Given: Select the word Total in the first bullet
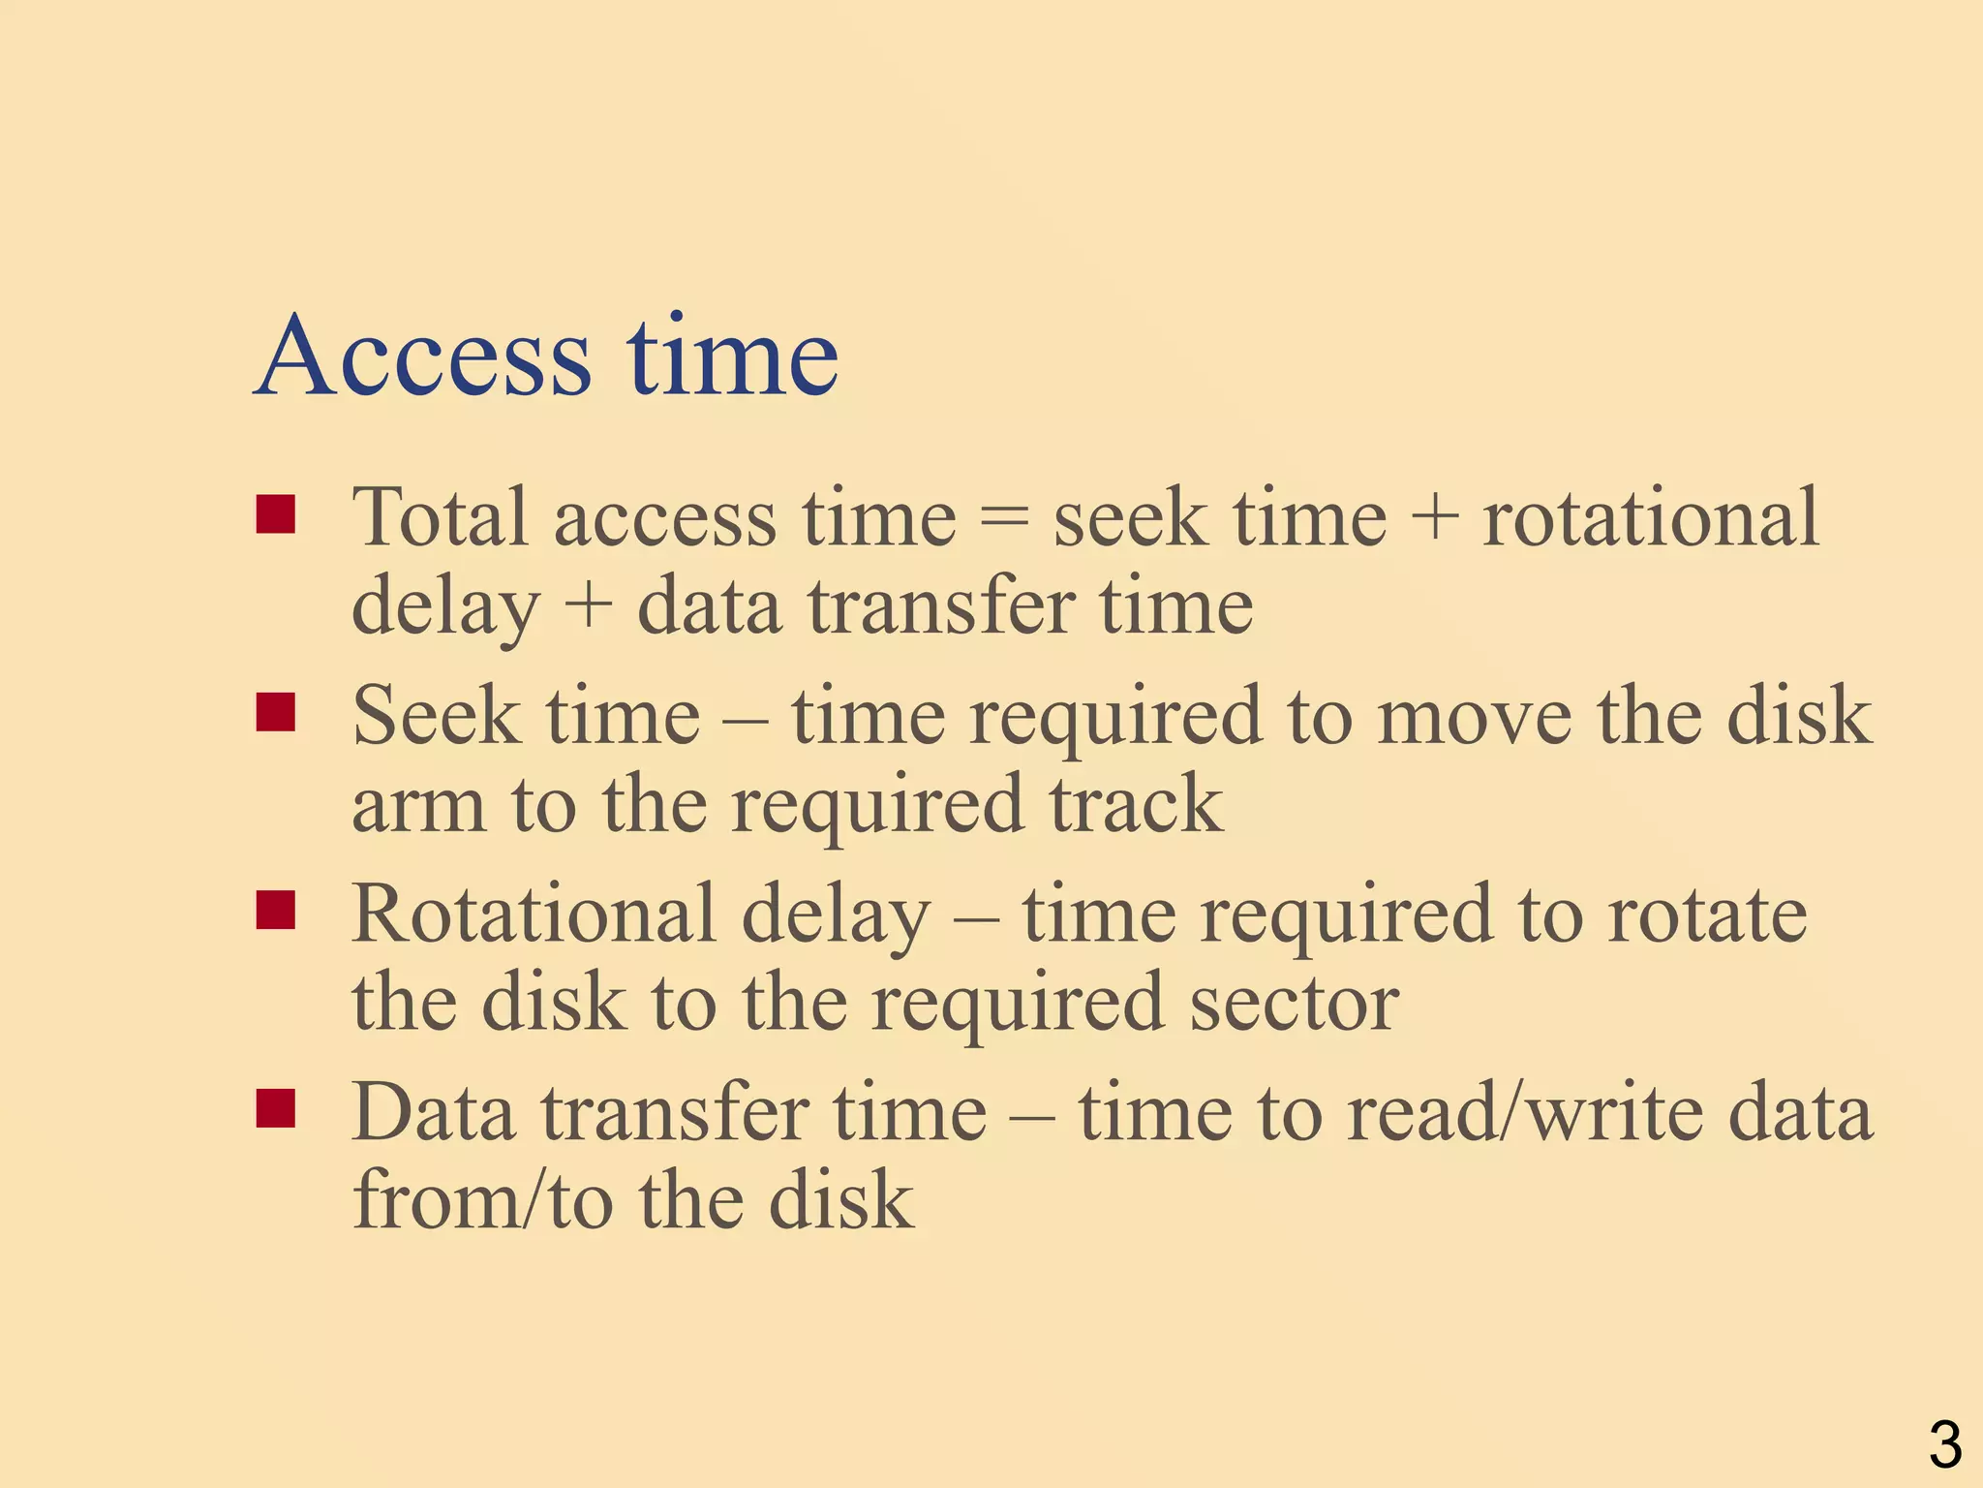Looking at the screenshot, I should pyautogui.click(x=440, y=517).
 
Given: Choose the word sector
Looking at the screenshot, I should pyautogui.click(x=1294, y=1004).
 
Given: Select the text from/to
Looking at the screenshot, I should pyautogui.click(x=482, y=1201).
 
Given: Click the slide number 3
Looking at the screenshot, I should pyautogui.click(x=1944, y=1443).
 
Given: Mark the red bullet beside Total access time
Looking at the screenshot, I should pyautogui.click(x=276, y=515).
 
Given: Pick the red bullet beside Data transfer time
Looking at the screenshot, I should pyautogui.click(x=276, y=1109).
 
